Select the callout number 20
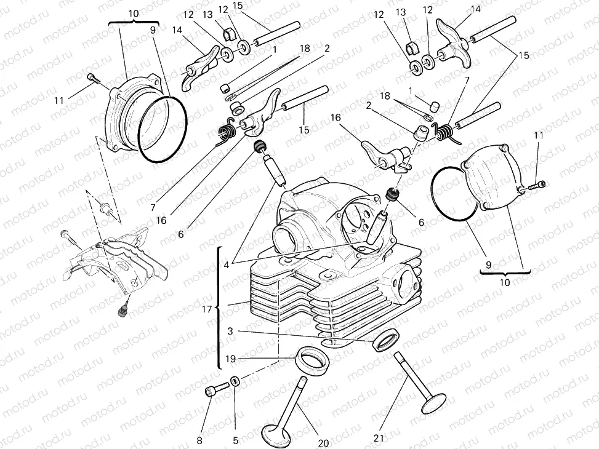click(x=324, y=443)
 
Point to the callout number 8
click(x=199, y=440)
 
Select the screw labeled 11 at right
click(x=538, y=184)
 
